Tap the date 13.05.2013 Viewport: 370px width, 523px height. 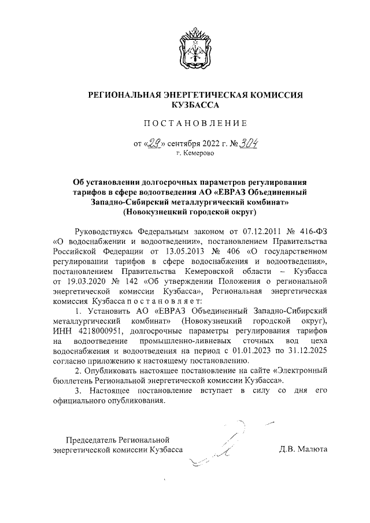click(177, 252)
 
